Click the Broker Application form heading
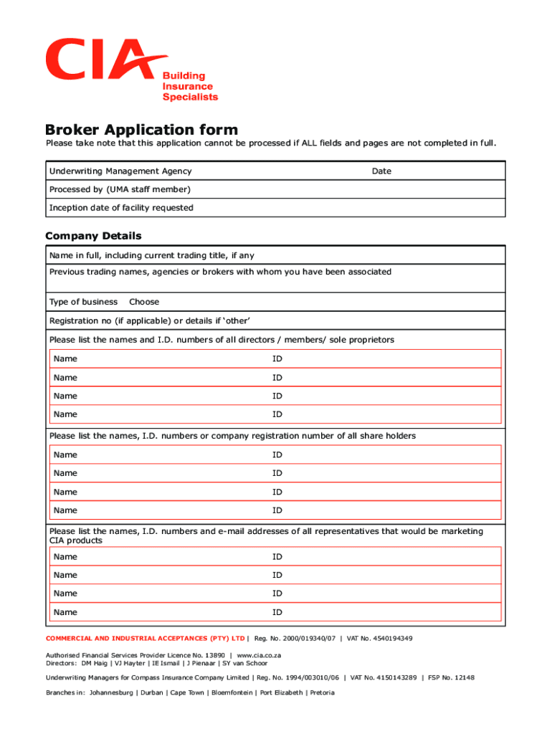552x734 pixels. pos(141,130)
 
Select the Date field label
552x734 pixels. pos(381,171)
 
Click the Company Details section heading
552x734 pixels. pos(93,236)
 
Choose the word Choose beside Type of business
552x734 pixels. pos(144,302)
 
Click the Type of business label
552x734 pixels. pos(83,302)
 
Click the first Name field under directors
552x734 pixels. pos(158,358)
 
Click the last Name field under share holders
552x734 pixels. pos(158,510)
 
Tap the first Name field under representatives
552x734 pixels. pos(158,557)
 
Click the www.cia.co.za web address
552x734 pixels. pos(259,655)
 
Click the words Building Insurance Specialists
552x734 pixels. pos(190,86)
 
